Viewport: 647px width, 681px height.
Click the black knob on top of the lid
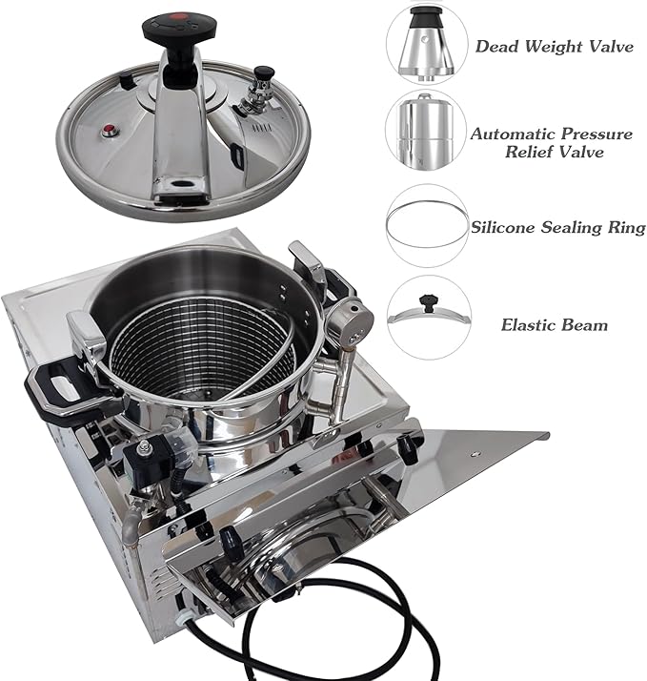[x=171, y=31]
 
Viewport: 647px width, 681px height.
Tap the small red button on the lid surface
[x=110, y=132]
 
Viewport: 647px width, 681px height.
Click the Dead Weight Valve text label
[x=553, y=45]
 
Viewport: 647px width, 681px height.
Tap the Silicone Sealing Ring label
[x=558, y=227]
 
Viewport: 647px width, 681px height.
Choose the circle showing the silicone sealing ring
[x=426, y=225]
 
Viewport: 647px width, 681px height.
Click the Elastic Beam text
[x=555, y=324]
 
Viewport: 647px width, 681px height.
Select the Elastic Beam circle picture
[x=426, y=318]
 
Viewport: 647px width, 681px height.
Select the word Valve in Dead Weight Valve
[x=611, y=45]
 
